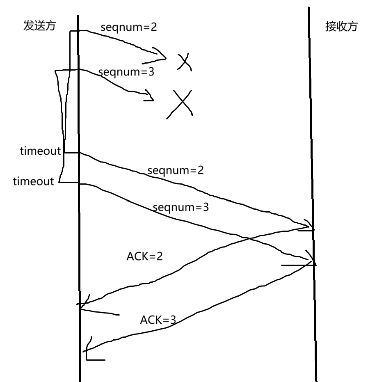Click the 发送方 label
(39, 26)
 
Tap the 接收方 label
(341, 27)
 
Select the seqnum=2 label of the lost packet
(129, 27)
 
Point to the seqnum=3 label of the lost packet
(126, 72)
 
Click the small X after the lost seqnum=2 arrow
(185, 63)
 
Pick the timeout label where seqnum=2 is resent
(40, 151)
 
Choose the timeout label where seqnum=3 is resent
(33, 181)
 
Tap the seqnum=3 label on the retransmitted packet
(181, 207)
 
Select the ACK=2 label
(144, 256)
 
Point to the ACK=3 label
(158, 320)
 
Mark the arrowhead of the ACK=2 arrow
(81, 306)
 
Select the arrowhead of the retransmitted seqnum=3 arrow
(313, 261)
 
